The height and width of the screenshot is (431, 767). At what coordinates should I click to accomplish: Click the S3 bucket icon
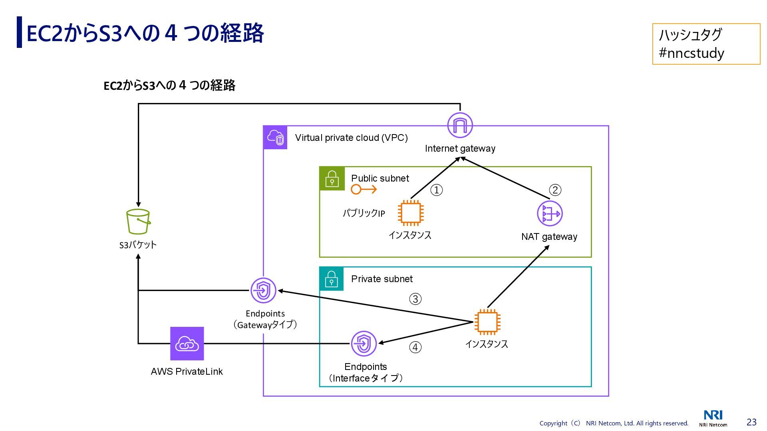(138, 221)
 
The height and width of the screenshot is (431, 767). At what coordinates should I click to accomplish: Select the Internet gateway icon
(460, 125)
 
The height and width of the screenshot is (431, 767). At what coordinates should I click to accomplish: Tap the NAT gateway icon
(550, 214)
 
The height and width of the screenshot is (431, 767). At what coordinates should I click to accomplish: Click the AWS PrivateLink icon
(187, 344)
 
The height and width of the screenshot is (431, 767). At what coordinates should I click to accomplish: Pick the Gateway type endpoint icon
(263, 291)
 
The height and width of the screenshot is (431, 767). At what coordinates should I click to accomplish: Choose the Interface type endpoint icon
(364, 344)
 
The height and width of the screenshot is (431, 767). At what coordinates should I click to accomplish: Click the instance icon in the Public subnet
(411, 213)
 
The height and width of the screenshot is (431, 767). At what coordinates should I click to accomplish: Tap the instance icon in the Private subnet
(487, 322)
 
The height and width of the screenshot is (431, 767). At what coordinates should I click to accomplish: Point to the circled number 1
(437, 190)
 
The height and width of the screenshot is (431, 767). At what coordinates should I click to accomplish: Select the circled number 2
(555, 190)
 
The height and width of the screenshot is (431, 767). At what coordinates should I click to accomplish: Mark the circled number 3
(415, 299)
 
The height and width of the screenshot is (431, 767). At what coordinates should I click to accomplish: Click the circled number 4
(415, 347)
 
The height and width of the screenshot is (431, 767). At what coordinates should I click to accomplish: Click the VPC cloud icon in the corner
(275, 138)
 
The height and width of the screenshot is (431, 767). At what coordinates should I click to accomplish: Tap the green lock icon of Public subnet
(332, 178)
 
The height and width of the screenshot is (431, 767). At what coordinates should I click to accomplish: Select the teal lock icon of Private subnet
(332, 279)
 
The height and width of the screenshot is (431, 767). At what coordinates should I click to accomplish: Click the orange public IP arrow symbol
(364, 189)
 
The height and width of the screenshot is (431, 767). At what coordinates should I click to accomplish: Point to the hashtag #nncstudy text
(691, 53)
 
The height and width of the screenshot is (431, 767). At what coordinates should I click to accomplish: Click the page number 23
(751, 422)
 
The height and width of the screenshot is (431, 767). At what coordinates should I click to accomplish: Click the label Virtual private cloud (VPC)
(351, 138)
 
